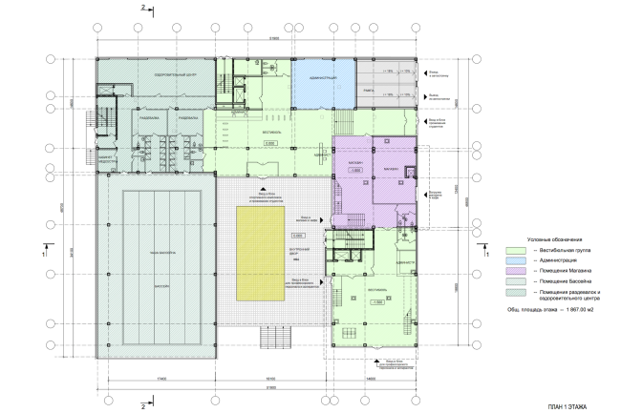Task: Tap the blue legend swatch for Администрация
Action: pyautogui.click(x=515, y=259)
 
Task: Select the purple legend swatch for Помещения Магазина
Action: pyautogui.click(x=515, y=271)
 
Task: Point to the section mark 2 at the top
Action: pyautogui.click(x=140, y=7)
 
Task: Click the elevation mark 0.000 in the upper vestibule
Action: pyautogui.click(x=269, y=143)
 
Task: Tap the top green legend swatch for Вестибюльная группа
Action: pyautogui.click(x=515, y=248)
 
